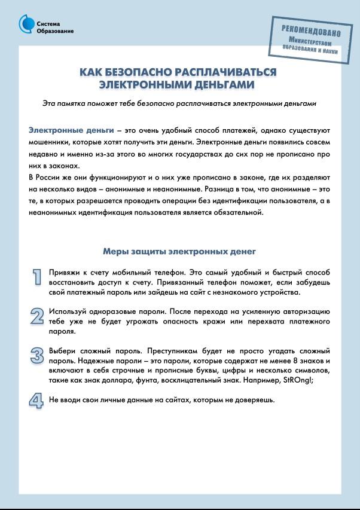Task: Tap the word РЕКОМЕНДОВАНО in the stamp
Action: (311, 31)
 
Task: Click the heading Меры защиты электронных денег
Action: (179, 252)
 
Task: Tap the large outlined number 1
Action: (37, 276)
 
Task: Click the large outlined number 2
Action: (37, 316)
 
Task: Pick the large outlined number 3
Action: (37, 355)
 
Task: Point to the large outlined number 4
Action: (37, 400)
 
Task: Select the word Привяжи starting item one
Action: (65, 272)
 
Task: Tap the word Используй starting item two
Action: (68, 312)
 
